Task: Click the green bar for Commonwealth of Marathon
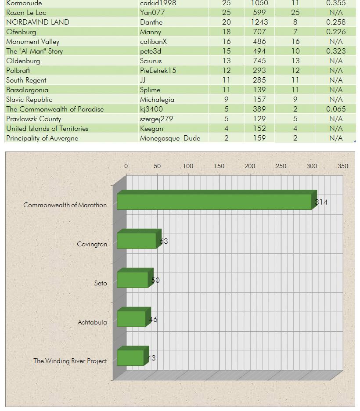coord(217,200)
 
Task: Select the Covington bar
coord(139,239)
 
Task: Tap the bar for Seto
coord(135,278)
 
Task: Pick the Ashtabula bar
coord(134,317)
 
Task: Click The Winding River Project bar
coord(133,356)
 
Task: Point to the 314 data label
coord(321,202)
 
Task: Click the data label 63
coord(164,241)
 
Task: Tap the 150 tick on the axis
coord(219,166)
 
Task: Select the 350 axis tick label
coord(343,166)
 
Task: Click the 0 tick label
coord(126,166)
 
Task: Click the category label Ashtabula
coord(92,322)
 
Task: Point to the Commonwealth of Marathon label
coord(65,205)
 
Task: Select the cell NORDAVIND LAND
coord(38,22)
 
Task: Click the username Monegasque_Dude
coord(170,138)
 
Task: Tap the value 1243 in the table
coord(259,22)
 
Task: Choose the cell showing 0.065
coord(336,109)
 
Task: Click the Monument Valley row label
coord(33,42)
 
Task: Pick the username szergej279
coord(156,119)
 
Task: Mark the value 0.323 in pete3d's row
coord(336,51)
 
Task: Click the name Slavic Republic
coord(29,100)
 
